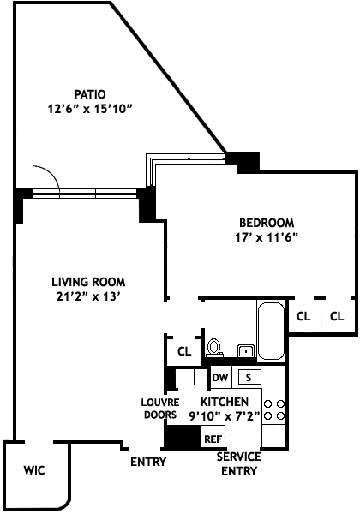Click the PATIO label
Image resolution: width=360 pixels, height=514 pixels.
pos(90,94)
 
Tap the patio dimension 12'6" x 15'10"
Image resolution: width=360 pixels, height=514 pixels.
pos(90,109)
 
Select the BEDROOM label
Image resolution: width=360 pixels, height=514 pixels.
pos(267,223)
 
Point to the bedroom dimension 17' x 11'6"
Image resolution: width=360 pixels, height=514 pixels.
pos(267,237)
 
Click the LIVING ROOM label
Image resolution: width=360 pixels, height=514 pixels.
pos(88,282)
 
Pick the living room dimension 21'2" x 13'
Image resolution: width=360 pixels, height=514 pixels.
pos(88,296)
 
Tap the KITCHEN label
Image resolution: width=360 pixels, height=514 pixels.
pos(225,402)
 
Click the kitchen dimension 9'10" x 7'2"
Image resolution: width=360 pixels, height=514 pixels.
pos(225,416)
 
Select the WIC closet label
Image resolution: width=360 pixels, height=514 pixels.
pos(34,470)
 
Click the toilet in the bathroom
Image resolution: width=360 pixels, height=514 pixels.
pos(214,348)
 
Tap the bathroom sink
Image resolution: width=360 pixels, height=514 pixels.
pos(246,351)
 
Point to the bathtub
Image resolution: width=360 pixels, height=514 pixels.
pos(271,331)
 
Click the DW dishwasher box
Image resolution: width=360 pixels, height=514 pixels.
pos(220,377)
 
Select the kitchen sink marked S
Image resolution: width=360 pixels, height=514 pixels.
pos(249,377)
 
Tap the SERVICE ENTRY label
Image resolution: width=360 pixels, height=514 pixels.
pos(239,463)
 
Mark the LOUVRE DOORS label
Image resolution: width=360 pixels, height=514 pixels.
pos(160,409)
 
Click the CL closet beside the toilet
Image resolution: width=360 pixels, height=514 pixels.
pos(184,351)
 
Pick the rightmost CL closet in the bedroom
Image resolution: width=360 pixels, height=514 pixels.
pos(337,316)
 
